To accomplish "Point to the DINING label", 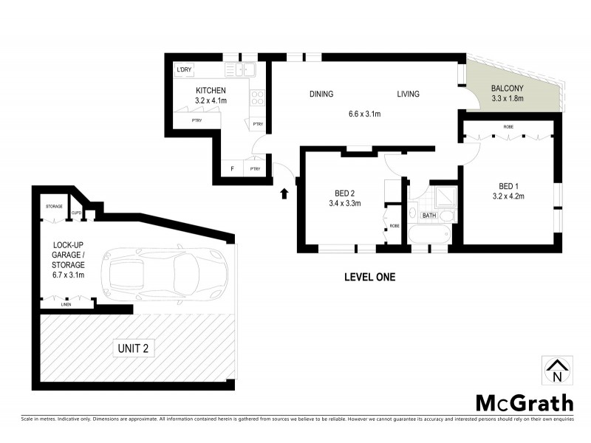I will [321, 94].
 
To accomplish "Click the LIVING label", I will [408, 94].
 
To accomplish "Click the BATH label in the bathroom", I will [429, 216].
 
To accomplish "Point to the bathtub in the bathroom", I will [428, 236].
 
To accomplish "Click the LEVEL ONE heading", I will [370, 278].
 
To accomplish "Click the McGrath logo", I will [523, 402].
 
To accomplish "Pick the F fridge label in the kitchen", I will [233, 169].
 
